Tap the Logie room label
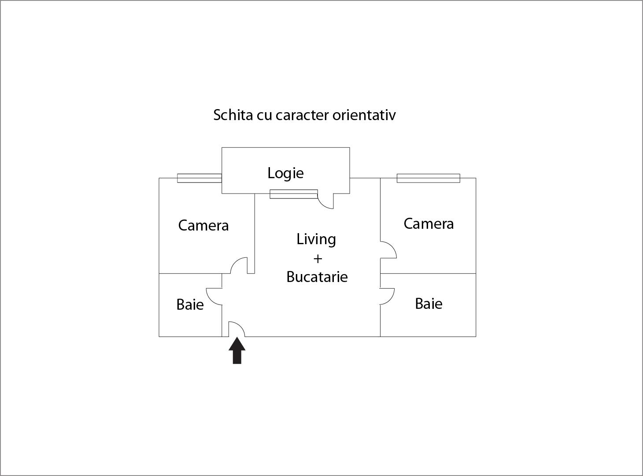coord(285,173)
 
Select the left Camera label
coord(203,225)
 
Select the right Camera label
coord(429,223)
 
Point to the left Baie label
coord(190,304)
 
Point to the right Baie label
coord(429,304)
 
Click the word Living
coord(316,239)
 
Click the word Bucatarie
coord(317,277)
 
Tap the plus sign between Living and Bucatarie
coord(317,259)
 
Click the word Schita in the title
coord(233,115)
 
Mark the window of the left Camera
coord(199,178)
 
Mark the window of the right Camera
coord(428,178)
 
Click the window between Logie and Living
coord(293,194)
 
